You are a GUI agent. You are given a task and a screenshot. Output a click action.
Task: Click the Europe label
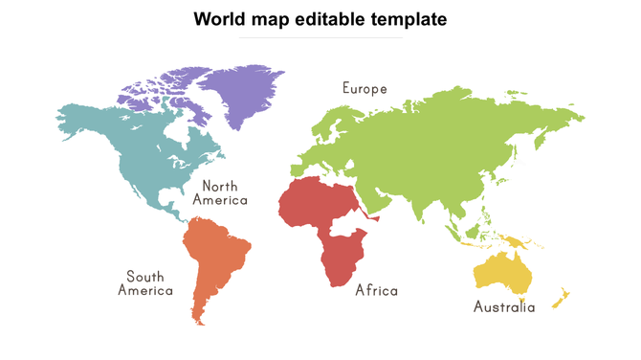click(365, 88)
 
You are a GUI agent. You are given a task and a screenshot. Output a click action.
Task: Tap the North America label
click(220, 192)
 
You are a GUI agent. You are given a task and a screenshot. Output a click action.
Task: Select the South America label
click(145, 282)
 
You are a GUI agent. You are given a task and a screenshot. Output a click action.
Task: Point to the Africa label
click(376, 290)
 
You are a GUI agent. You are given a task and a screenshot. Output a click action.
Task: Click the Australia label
click(504, 307)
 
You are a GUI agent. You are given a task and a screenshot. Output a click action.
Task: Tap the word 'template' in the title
click(409, 18)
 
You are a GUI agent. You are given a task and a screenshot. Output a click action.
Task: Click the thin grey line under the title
click(320, 38)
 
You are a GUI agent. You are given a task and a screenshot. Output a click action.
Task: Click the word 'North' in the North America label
click(220, 186)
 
